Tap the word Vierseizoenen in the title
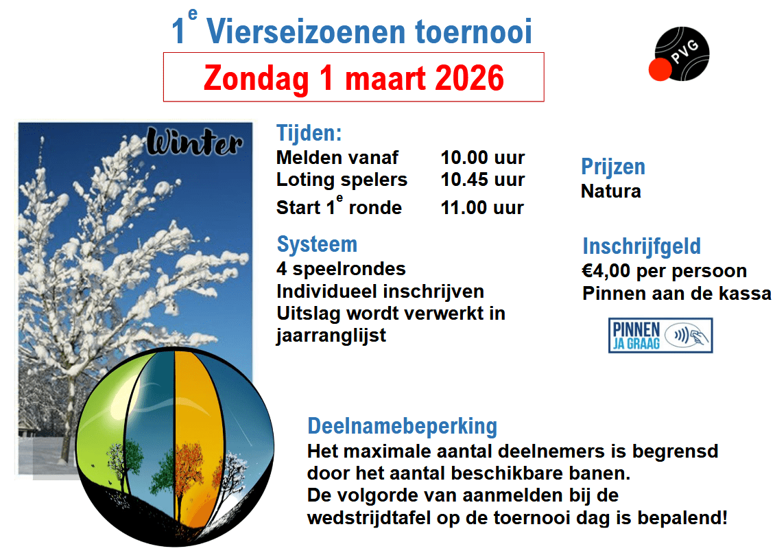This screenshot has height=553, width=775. tap(306, 32)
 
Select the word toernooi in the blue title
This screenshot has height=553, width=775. tap(473, 32)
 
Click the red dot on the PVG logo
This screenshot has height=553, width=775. tap(660, 69)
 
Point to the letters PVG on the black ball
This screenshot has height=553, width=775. tap(685, 51)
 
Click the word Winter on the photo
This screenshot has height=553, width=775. tap(195, 142)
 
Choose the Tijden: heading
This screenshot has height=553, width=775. tap(309, 133)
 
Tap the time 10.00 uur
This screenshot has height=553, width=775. tap(482, 157)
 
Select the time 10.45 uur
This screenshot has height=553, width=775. tap(482, 180)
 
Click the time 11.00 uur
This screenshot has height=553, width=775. tap(482, 208)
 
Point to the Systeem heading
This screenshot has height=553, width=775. tap(317, 244)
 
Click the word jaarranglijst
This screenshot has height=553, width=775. tap(331, 336)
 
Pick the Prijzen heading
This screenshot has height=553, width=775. tap(613, 167)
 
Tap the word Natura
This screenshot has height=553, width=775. tap(611, 191)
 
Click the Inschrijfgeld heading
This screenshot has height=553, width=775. tap(641, 246)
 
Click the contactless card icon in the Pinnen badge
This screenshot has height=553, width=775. tap(687, 336)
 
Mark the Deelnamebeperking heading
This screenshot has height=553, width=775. tap(403, 426)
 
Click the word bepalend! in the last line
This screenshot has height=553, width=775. tap(682, 518)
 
